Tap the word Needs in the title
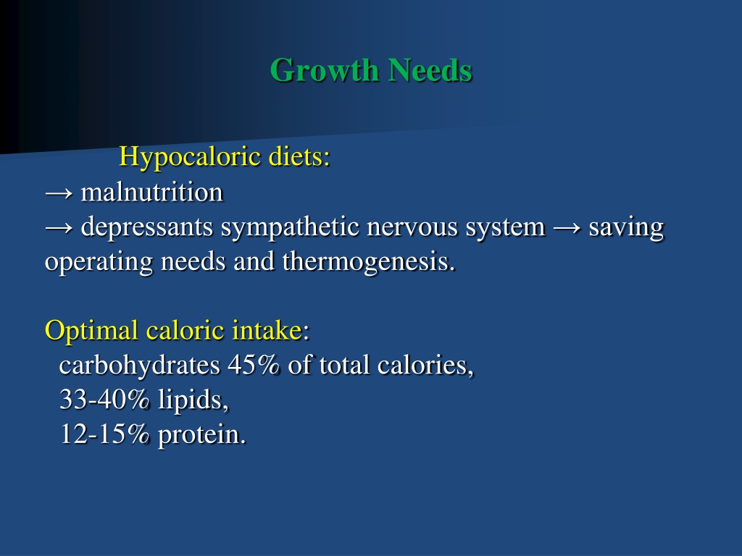pos(430,70)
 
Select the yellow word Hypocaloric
pos(189,157)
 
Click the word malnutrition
pos(151,193)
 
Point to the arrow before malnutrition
pos(59,193)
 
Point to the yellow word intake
pos(267,330)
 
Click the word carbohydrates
pos(140,366)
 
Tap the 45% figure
pos(254,366)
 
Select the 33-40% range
pos(104,400)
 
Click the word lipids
pos(193,400)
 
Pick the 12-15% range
pos(104,434)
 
